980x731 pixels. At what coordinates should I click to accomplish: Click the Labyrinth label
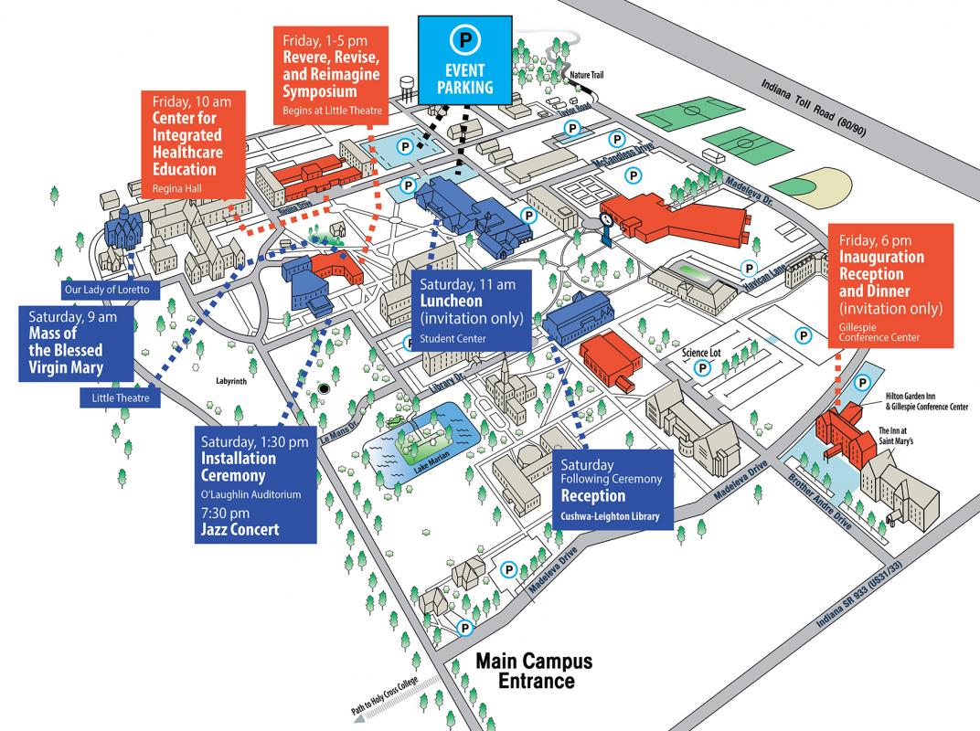pyautogui.click(x=231, y=381)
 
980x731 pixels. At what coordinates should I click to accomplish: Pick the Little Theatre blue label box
pyautogui.click(x=120, y=397)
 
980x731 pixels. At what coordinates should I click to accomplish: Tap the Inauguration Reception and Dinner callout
pyautogui.click(x=890, y=282)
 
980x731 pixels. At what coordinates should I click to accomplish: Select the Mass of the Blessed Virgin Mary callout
pyautogui.click(x=76, y=343)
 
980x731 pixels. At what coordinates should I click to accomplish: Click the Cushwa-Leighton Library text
pyautogui.click(x=610, y=516)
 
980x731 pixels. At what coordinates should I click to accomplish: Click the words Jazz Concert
pyautogui.click(x=240, y=529)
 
